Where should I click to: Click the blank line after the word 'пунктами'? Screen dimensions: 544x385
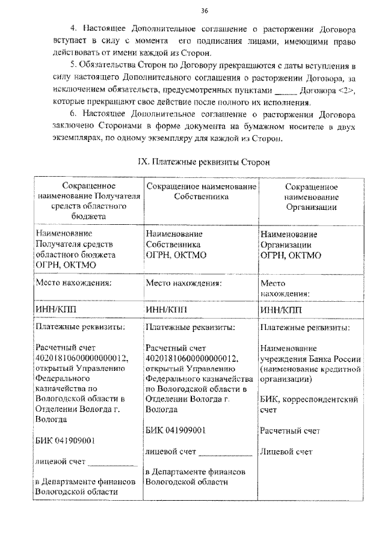pos(285,91)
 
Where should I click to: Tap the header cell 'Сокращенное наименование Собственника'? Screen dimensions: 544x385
pos(201,192)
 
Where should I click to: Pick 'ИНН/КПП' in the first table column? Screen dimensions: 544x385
pos(57,309)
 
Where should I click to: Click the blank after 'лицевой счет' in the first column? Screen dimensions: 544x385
pos(113,462)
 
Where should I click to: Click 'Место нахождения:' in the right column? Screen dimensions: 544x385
pos(285,288)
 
